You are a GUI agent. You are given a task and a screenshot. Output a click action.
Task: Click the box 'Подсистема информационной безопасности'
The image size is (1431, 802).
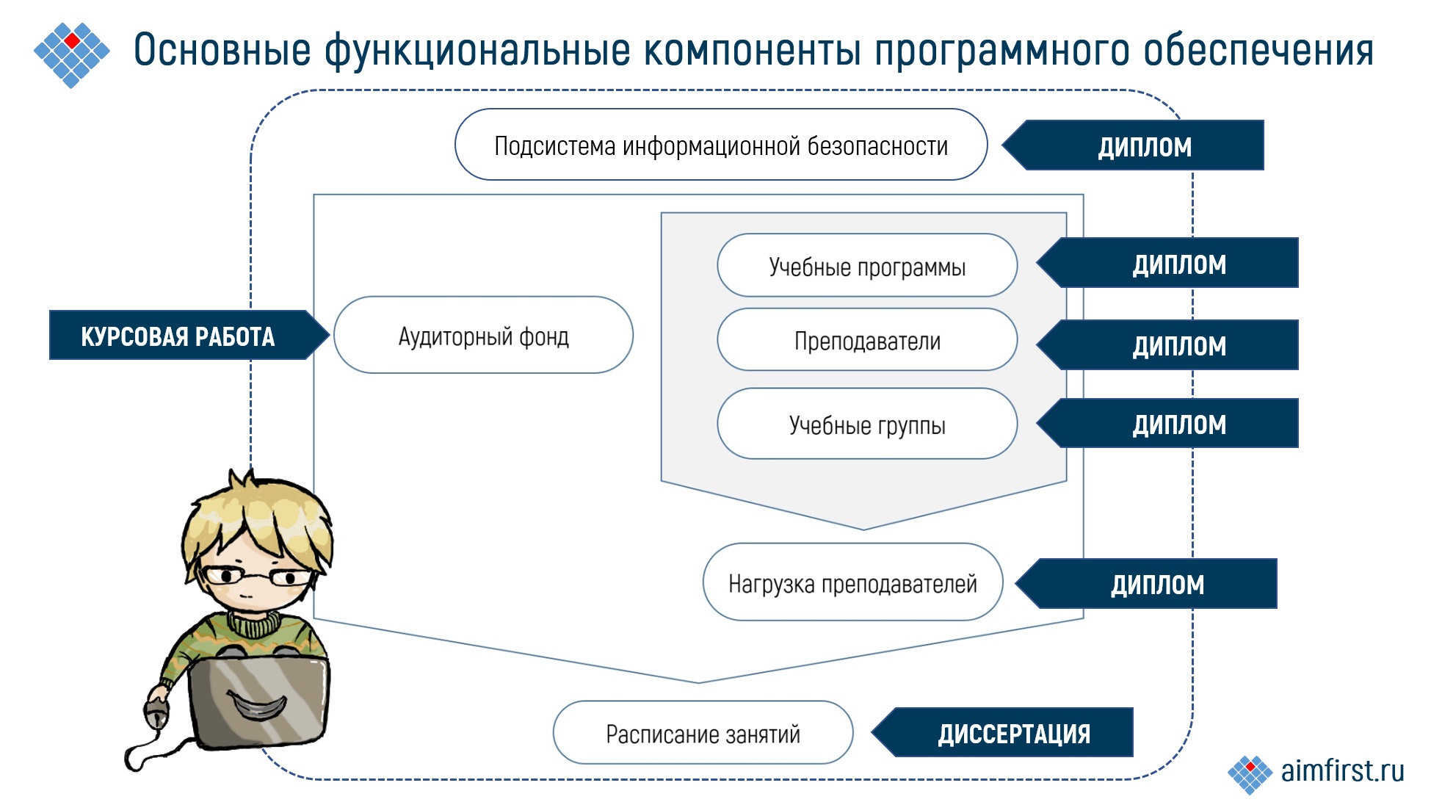click(x=720, y=145)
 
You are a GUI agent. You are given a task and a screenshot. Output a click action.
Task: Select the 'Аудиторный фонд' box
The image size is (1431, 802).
click(x=483, y=336)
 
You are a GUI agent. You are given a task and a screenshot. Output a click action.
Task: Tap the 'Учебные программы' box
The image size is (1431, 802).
click(x=866, y=266)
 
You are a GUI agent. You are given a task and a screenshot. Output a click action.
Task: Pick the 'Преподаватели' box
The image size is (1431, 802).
click(x=866, y=340)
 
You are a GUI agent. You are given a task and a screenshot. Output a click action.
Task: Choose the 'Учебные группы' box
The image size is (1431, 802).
click(x=866, y=425)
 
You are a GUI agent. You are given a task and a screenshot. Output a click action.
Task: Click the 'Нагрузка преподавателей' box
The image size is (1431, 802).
click(x=852, y=583)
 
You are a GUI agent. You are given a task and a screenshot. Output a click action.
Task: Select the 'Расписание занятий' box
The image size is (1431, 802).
click(x=703, y=733)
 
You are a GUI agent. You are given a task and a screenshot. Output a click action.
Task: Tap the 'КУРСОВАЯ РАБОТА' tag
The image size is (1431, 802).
click(x=178, y=336)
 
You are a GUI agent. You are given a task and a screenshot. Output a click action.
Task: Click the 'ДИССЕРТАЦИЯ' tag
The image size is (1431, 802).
click(x=1013, y=733)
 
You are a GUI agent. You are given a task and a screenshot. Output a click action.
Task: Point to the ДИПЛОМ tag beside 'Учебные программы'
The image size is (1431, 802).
click(x=1178, y=264)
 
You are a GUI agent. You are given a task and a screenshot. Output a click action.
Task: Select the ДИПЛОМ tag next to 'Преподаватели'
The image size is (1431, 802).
click(x=1178, y=345)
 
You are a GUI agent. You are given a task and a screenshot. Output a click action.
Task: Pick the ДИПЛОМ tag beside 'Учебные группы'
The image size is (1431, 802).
click(x=1178, y=424)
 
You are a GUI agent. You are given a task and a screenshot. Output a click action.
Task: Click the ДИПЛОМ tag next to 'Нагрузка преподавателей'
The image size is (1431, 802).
click(x=1157, y=584)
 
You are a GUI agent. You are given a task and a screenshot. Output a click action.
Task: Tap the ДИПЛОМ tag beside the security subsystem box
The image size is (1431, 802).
click(x=1144, y=146)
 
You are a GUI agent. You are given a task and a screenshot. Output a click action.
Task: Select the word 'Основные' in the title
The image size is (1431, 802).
click(x=222, y=50)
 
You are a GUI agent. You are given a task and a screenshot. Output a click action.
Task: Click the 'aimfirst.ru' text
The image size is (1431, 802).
click(x=1341, y=770)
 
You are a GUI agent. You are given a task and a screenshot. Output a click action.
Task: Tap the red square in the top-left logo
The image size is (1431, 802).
click(x=72, y=40)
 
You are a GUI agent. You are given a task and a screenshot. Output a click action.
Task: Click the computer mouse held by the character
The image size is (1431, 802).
click(x=156, y=711)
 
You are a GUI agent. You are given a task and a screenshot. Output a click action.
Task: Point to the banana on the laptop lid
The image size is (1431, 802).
click(x=257, y=706)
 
